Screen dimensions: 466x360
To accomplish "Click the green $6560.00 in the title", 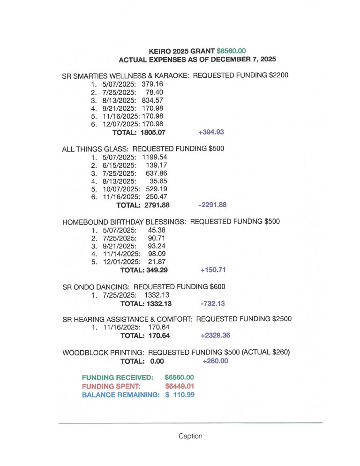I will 231,51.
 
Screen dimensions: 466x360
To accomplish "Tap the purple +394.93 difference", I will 211,132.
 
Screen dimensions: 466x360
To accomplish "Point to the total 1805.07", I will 153,132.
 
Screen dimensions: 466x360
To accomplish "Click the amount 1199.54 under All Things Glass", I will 154,157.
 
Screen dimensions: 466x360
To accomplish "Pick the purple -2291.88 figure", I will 212,205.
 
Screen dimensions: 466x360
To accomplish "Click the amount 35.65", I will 158,181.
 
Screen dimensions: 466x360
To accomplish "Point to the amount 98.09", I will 157,254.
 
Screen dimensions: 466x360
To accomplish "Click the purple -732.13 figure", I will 212,303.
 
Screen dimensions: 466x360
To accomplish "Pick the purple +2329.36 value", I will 215,336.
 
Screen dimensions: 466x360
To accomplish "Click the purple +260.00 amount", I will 215,361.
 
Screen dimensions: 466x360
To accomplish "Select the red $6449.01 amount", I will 180,386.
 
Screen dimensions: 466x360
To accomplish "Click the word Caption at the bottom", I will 190,436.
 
